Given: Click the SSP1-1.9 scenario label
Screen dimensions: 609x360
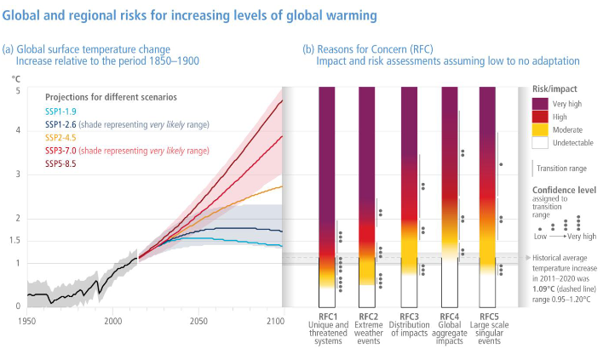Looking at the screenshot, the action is pyautogui.click(x=60, y=111).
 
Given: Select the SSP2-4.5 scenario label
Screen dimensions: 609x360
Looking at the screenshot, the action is pyautogui.click(x=60, y=138).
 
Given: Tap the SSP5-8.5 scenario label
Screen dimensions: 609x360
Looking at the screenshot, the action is pyautogui.click(x=60, y=163).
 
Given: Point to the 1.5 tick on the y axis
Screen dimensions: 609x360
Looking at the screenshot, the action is pyautogui.click(x=14, y=241).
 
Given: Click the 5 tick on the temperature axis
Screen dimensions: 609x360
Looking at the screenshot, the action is pyautogui.click(x=18, y=91).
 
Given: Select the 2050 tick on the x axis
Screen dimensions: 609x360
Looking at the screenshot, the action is pyautogui.click(x=198, y=321).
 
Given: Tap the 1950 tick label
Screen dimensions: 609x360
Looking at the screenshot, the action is pyautogui.click(x=26, y=321).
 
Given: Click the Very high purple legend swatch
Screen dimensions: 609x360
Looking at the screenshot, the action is pyautogui.click(x=540, y=104).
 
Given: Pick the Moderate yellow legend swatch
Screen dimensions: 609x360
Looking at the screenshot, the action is pyautogui.click(x=540, y=129).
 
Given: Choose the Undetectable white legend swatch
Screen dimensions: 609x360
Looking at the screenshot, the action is pyautogui.click(x=540, y=143).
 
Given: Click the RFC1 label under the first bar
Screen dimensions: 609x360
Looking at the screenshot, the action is pyautogui.click(x=328, y=317).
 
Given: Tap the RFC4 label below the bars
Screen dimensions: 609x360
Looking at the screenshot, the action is pyautogui.click(x=450, y=317).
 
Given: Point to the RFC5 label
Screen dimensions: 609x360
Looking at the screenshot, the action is pyautogui.click(x=489, y=317).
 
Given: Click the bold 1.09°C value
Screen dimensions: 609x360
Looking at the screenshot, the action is pyautogui.click(x=543, y=289).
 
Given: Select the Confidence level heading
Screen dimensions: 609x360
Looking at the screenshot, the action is pyautogui.click(x=564, y=190).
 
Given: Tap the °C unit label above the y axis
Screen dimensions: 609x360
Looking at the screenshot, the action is pyautogui.click(x=16, y=79).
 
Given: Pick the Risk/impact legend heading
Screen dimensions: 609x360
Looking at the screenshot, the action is pyautogui.click(x=554, y=89).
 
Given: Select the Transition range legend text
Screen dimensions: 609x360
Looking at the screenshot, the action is pyautogui.click(x=561, y=169).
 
